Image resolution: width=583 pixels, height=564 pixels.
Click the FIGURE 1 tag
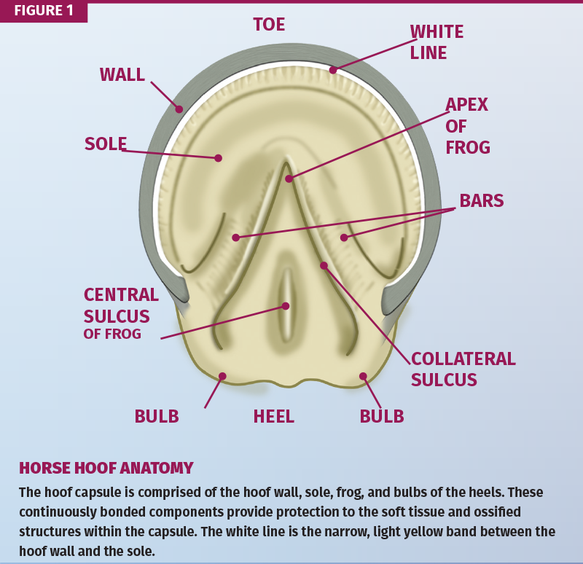[x=43, y=11]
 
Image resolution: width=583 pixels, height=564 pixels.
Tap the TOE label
[x=269, y=24]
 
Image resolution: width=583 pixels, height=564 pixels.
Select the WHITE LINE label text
[x=437, y=42]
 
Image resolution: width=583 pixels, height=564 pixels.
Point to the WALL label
[x=122, y=74]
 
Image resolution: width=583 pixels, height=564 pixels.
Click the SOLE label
[x=106, y=144]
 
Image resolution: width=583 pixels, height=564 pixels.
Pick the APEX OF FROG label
[x=467, y=125]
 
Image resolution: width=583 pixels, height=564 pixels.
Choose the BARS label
[x=481, y=200]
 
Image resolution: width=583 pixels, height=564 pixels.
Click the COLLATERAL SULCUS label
[x=463, y=369]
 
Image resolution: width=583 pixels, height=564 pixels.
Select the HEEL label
[x=273, y=417]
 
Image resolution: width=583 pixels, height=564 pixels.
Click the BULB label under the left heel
[x=156, y=416]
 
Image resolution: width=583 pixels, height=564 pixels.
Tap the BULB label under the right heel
[x=382, y=416]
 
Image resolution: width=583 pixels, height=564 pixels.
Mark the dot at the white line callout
[x=332, y=70]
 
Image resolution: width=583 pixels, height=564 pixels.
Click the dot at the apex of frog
[x=289, y=178]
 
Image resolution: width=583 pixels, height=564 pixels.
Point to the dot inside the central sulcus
[x=286, y=306]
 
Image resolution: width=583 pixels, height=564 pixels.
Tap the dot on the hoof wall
[x=179, y=109]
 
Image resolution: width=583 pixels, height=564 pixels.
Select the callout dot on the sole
[x=218, y=157]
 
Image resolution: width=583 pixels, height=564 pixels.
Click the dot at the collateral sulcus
[x=324, y=265]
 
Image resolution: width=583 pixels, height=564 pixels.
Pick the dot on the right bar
[x=344, y=238]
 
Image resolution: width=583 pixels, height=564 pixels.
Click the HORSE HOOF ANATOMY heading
[x=106, y=468]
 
